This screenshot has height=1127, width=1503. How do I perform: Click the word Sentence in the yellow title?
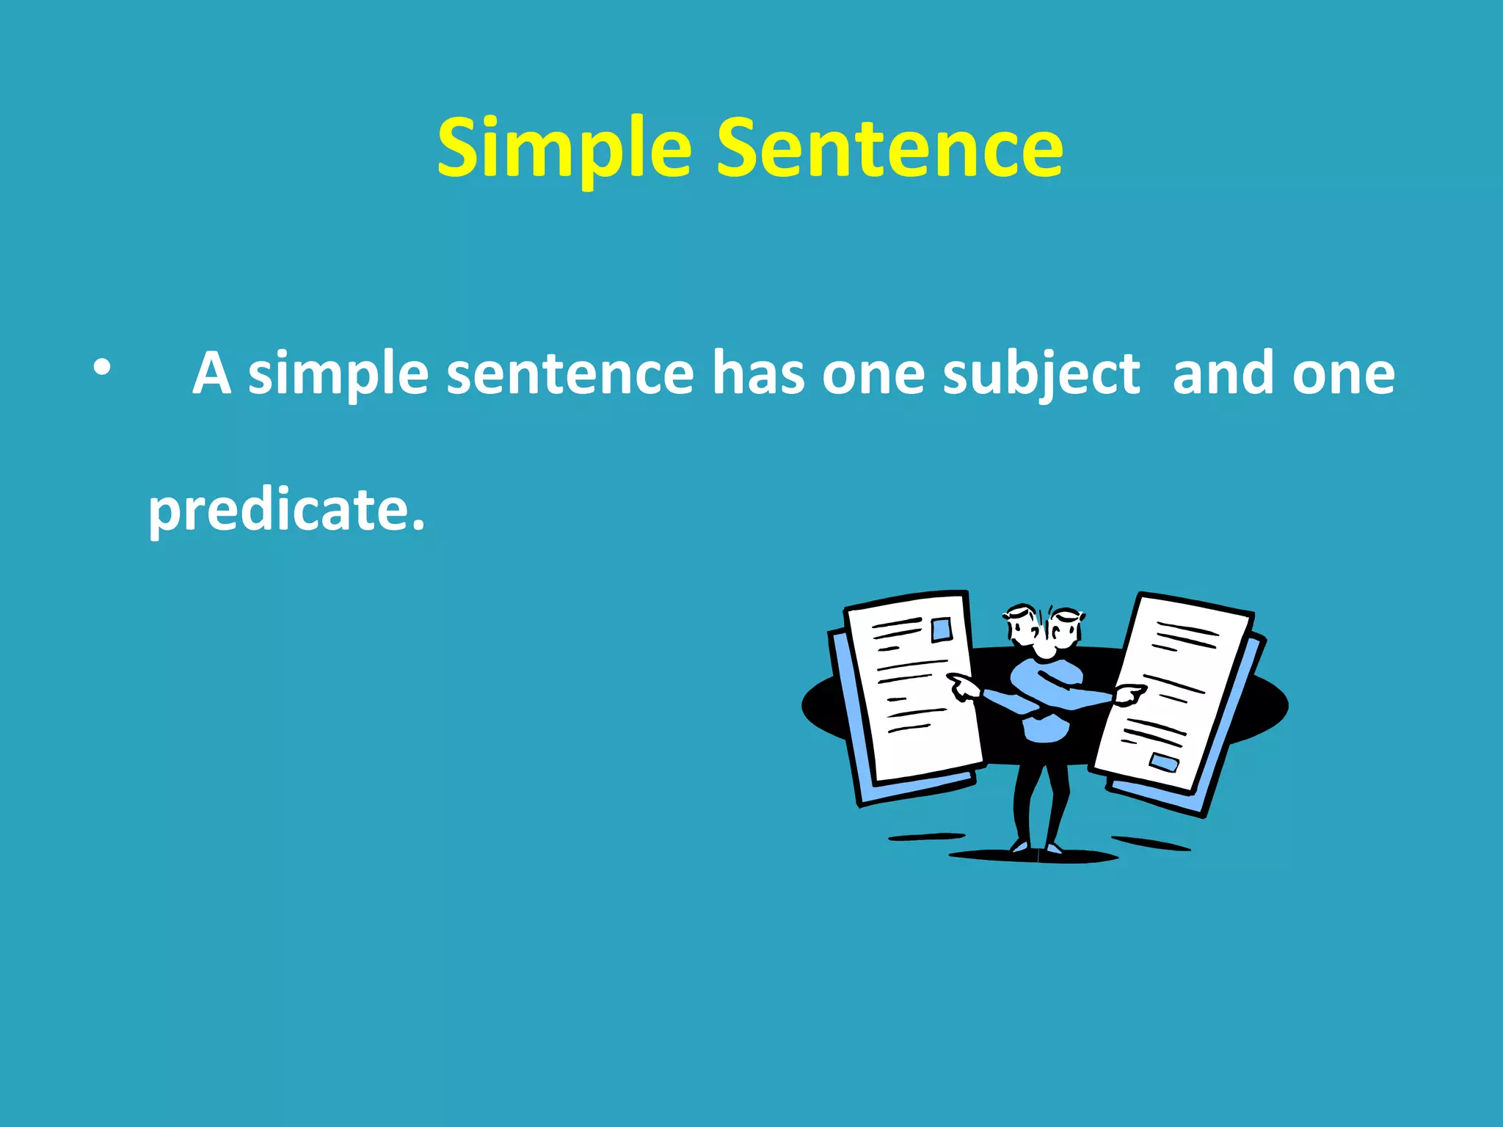coord(889,149)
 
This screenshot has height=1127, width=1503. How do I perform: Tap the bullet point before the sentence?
coord(102,368)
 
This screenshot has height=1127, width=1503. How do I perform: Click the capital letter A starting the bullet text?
coord(212,373)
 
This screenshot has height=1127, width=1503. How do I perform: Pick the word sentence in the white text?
coord(569,374)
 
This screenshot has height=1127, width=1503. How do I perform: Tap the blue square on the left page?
coord(941,630)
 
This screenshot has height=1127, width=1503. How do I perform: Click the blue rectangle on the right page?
coord(1163,762)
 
